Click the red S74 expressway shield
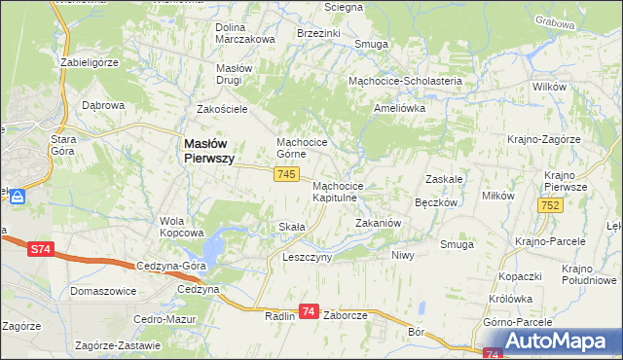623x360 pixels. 39,250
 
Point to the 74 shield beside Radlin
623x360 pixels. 309,311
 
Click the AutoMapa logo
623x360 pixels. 556,342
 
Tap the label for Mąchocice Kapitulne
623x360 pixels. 338,191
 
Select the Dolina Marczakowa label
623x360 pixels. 245,33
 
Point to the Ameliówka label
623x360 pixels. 400,109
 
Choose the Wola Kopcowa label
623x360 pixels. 181,227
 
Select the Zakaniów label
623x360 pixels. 378,223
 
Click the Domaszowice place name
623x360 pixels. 102,291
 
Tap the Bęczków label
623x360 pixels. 436,203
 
